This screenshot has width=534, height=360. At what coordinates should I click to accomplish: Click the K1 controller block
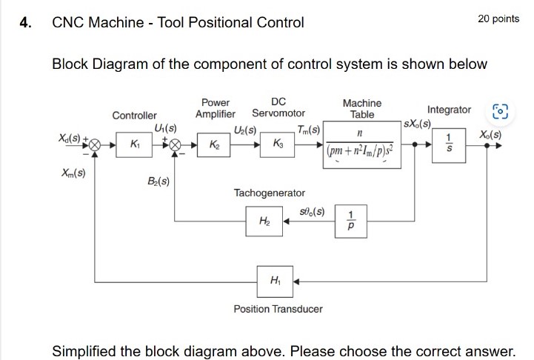click(x=134, y=145)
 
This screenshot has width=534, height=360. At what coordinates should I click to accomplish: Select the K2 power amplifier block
click(x=213, y=145)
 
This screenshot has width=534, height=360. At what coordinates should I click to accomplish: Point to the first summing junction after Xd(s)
click(x=95, y=146)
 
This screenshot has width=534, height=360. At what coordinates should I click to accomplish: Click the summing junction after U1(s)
click(x=176, y=146)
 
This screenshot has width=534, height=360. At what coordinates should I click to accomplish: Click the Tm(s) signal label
click(x=308, y=130)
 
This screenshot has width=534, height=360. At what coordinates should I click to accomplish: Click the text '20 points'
click(x=498, y=19)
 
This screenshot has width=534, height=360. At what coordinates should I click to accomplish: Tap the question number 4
click(x=25, y=22)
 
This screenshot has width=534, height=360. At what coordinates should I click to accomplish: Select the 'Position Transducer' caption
click(x=278, y=308)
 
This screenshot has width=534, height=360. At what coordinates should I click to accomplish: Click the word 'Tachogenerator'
click(x=269, y=193)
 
